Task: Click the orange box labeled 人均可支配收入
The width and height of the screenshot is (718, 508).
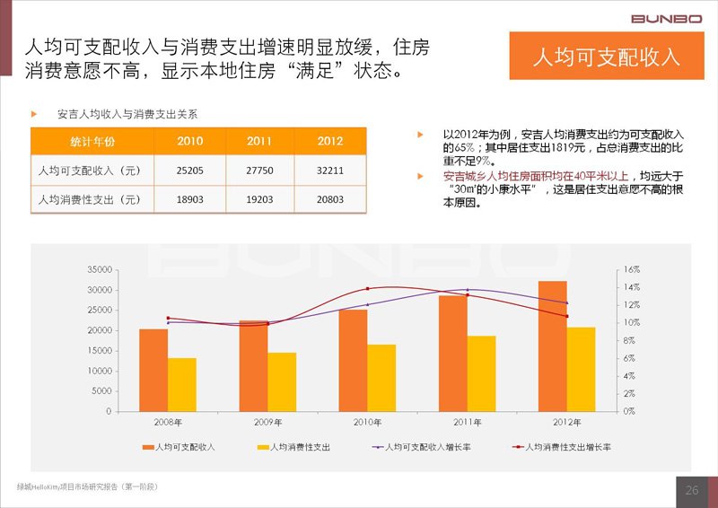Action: (606, 57)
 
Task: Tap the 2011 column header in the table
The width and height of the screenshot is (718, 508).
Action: (260, 141)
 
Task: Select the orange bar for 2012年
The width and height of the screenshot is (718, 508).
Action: (552, 346)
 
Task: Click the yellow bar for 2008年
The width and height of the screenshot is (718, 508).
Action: (182, 384)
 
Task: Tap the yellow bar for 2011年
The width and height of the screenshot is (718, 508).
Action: (481, 373)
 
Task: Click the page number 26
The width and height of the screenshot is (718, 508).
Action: (692, 490)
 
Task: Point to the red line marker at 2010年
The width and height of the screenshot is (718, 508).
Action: (367, 289)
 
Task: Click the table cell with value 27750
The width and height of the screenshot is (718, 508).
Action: (260, 170)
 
